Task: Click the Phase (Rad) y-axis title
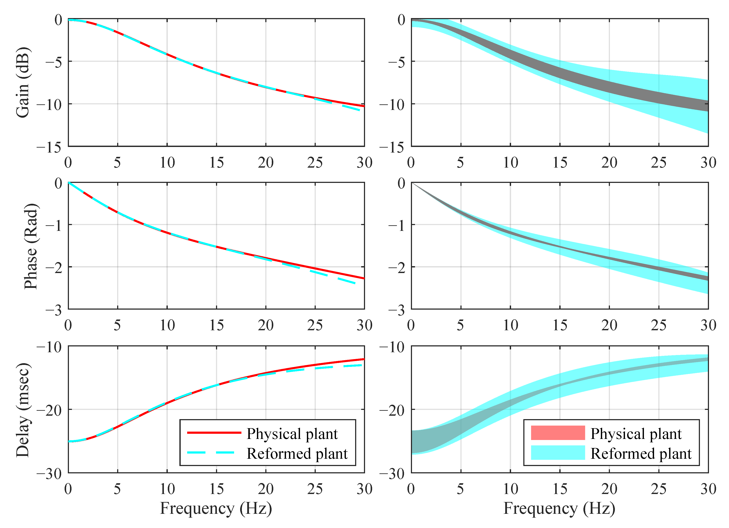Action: coord(31,246)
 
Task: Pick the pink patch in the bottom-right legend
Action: coord(558,433)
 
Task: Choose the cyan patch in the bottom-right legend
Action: coord(558,452)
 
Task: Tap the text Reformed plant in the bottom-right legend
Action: coord(641,453)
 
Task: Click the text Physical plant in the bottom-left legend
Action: coord(292,434)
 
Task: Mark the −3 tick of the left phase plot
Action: coord(53,310)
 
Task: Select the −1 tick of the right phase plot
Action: coord(396,226)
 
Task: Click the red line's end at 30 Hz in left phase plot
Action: coord(364,278)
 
